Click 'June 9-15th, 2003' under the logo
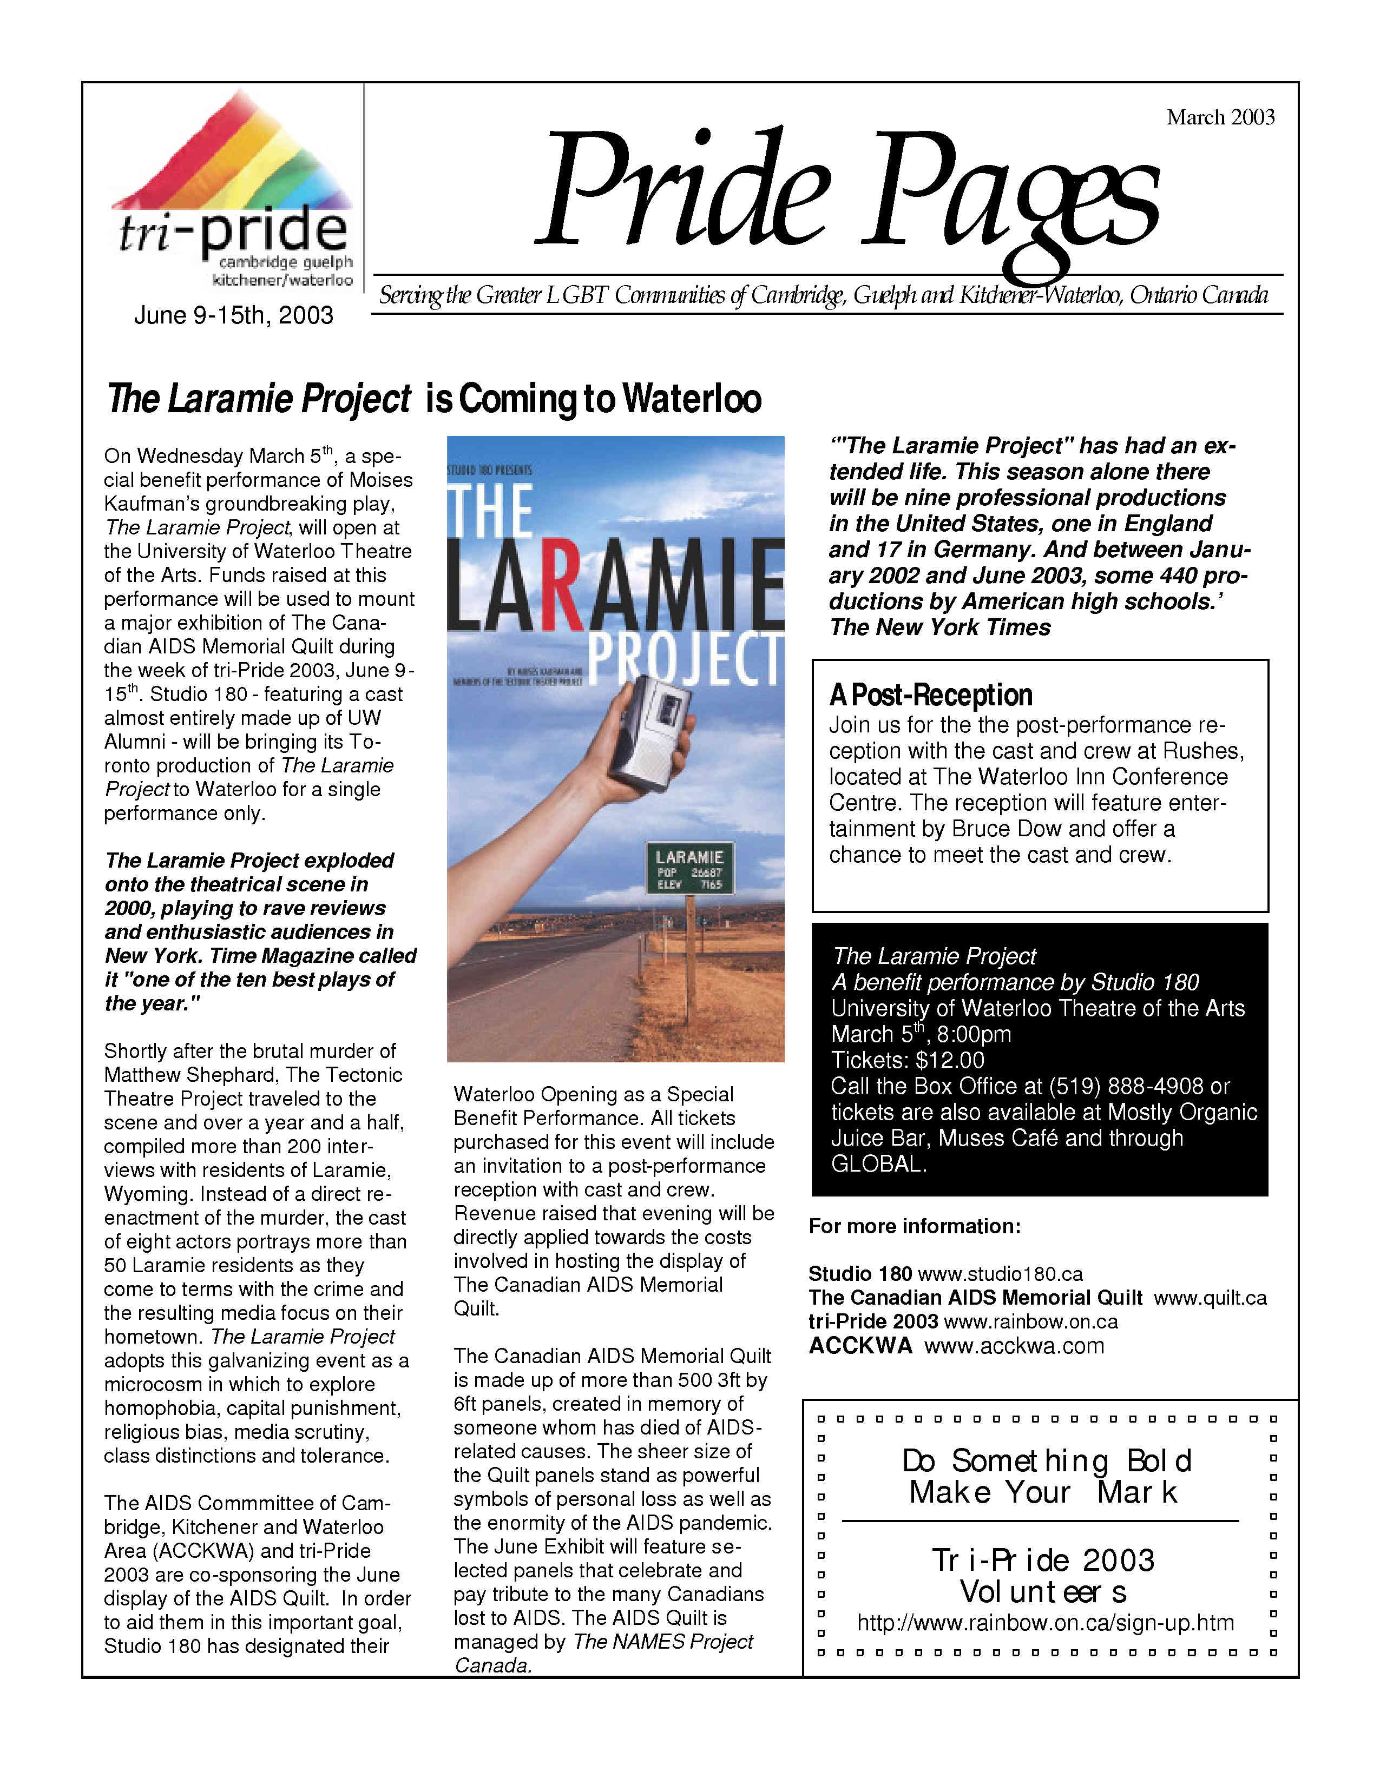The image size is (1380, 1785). [234, 315]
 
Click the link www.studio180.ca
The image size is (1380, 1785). [1000, 1273]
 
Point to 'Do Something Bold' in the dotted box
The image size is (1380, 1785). [1047, 1460]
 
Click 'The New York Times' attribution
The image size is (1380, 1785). [940, 627]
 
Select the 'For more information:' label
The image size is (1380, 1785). [915, 1226]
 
